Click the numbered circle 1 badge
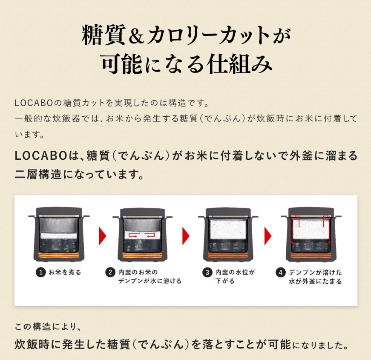[x=41, y=272]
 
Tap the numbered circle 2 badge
[x=110, y=272]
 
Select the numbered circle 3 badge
[x=207, y=272]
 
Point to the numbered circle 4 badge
[x=281, y=272]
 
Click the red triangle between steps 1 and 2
[x=103, y=236]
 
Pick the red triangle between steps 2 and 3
[x=186, y=236]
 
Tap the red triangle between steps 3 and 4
[x=268, y=236]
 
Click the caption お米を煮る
[x=65, y=272]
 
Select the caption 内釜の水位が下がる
[x=235, y=276]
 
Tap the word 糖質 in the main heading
[x=104, y=35]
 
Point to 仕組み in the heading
[x=239, y=64]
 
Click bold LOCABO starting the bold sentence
[x=40, y=156]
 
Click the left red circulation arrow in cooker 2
[x=133, y=235]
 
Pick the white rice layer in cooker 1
[x=59, y=236]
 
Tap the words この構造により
[x=48, y=327]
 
